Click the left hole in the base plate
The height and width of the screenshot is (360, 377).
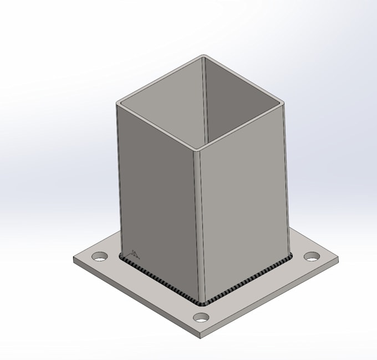[100, 257]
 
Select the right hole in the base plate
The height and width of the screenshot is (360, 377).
[312, 256]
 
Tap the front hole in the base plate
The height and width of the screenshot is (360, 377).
[202, 317]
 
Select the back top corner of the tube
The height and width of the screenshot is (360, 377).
[203, 56]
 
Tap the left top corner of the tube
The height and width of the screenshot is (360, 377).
[118, 103]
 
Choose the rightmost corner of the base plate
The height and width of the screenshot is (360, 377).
[338, 258]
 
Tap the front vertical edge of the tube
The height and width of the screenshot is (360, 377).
[198, 227]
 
